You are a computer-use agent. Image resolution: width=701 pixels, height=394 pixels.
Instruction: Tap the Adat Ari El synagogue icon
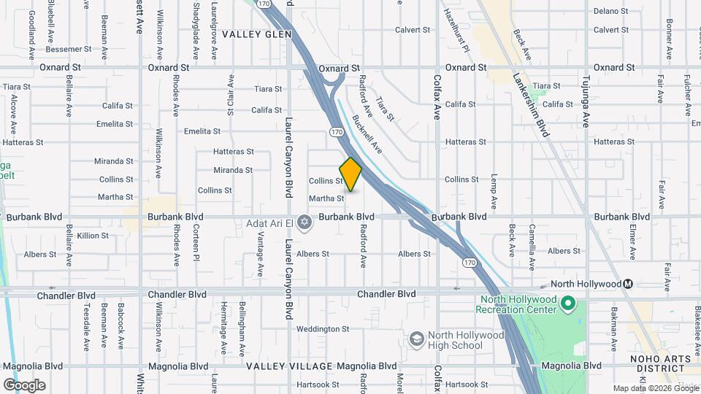click(304, 222)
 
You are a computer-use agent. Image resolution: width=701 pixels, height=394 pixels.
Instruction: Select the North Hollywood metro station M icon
click(627, 284)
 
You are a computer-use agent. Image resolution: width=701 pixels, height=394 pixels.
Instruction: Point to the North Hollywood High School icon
click(416, 339)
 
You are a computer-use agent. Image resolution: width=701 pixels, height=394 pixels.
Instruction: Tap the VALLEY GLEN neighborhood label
click(256, 34)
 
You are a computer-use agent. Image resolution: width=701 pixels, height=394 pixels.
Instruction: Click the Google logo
click(24, 385)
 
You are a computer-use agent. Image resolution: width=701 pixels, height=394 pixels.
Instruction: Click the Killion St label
click(93, 236)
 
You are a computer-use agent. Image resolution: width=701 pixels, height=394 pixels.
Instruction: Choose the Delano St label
click(610, 11)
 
